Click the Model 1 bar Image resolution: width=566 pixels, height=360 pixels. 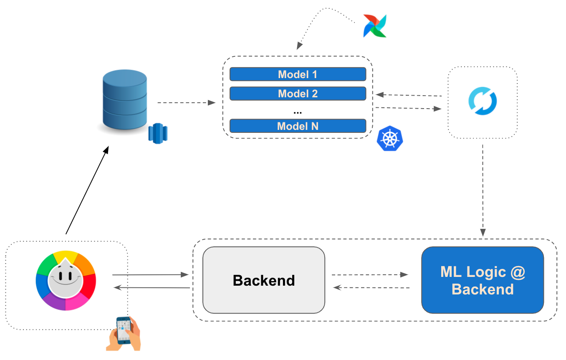pos(298,74)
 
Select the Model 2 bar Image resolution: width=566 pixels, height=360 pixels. pos(298,94)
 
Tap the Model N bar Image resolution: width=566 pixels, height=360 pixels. pos(298,126)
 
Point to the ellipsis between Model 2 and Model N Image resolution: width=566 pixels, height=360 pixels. pos(298,112)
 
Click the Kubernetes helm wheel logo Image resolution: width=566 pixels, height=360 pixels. pos(389,139)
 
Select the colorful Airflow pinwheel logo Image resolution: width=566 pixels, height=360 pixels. pos(375,26)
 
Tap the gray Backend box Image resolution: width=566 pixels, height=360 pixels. pos(263,280)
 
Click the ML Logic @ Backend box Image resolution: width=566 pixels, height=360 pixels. pos(483,280)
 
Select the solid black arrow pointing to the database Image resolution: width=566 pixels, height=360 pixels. pos(87,190)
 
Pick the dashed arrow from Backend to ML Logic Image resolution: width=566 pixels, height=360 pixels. pos(369,275)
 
